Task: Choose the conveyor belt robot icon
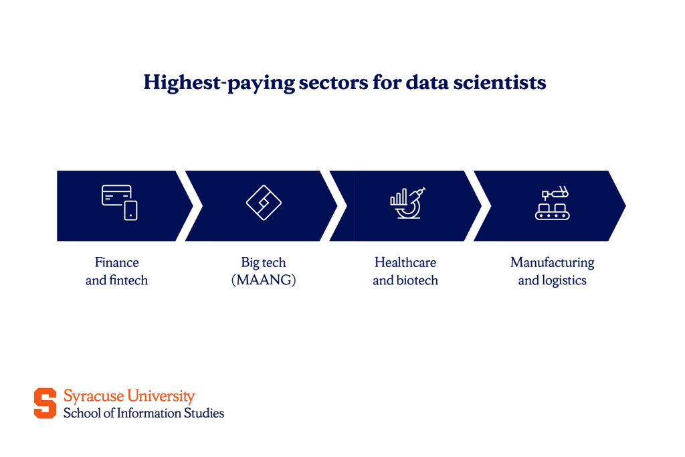coord(553,203)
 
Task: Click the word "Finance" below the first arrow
coord(116,263)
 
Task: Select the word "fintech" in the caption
coord(128,280)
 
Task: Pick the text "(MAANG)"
coord(264,280)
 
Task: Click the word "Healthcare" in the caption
coord(405,263)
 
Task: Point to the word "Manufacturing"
coord(553,263)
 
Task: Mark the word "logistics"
coord(564,280)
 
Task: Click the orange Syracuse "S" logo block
coord(45,403)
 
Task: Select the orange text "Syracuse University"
coord(129,396)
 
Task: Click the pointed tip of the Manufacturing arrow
coord(624,206)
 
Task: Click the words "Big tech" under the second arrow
coord(264,263)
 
